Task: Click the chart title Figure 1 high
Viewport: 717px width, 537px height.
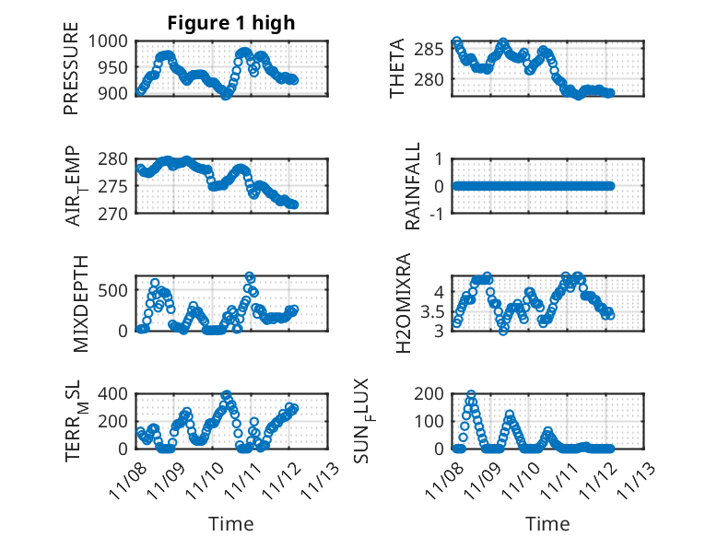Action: (231, 23)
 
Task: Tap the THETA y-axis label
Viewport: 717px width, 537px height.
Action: (397, 68)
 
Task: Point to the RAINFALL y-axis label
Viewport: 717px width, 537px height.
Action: (414, 186)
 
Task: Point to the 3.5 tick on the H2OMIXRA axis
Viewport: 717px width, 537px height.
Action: (433, 310)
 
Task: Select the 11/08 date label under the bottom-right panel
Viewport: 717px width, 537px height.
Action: (451, 480)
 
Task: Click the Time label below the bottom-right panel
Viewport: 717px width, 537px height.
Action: (547, 524)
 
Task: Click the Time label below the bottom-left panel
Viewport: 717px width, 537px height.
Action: (230, 524)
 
